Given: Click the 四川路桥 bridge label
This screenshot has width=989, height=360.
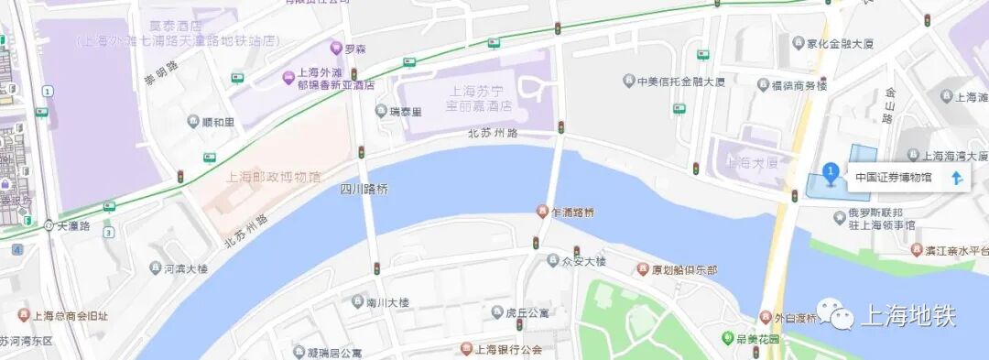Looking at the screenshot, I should (364, 190).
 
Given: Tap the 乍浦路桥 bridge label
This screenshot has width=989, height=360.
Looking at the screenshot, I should (573, 213).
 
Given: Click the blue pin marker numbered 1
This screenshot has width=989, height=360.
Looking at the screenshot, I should (830, 172).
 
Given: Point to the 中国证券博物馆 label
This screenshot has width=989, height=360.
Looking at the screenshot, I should (893, 178).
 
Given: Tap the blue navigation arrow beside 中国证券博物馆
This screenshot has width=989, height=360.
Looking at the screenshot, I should (956, 178).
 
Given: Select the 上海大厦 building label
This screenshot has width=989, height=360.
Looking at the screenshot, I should (752, 163).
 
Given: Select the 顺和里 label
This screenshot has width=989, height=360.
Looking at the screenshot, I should (218, 121).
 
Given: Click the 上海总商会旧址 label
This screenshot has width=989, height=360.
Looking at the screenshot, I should (70, 317).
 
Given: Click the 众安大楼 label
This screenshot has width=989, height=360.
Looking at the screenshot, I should (583, 261).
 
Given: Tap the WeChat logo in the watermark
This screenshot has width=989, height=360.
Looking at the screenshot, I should (835, 317).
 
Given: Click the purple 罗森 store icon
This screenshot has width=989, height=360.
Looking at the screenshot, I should (336, 48).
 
